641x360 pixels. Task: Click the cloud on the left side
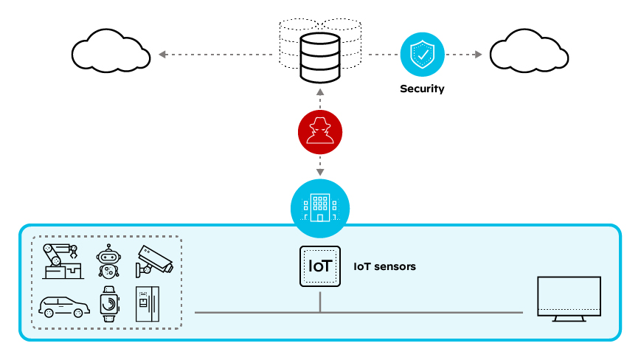pos(110,52)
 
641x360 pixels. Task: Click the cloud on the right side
pos(529,52)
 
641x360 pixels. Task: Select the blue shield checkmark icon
pos(422,54)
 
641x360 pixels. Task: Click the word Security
pos(422,89)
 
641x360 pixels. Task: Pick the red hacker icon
pos(320,132)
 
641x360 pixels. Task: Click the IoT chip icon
pos(320,266)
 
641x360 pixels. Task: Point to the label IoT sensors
pos(384,266)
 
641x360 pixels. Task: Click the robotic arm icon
pos(62,260)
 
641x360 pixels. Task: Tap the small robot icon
pos(108,261)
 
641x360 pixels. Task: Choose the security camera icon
pos(154,259)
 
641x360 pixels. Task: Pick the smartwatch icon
pos(108,303)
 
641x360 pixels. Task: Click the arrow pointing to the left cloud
pos(162,54)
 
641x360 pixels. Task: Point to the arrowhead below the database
pos(320,92)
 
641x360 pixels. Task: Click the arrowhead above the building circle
pos(320,173)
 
